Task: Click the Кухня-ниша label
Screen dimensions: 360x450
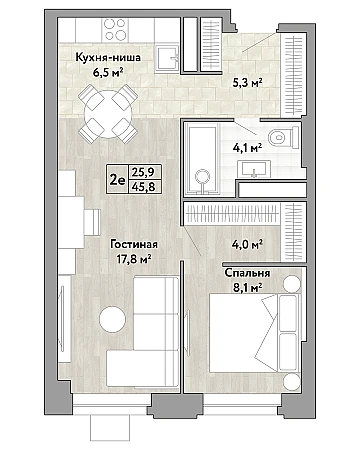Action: [x=108, y=58]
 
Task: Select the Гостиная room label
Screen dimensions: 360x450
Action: [x=134, y=244]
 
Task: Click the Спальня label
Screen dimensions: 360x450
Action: [x=247, y=273]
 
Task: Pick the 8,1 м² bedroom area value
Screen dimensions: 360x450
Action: [x=247, y=287]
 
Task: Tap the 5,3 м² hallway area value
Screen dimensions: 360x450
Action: [x=247, y=81]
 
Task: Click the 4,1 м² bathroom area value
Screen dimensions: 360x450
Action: [x=247, y=146]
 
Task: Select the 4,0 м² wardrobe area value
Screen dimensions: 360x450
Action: [x=247, y=244]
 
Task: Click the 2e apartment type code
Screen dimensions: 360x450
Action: [x=117, y=180]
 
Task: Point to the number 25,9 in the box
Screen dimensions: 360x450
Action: [x=143, y=173]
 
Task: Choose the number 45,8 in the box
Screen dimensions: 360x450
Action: [x=143, y=187]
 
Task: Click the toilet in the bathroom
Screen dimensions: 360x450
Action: [x=283, y=137]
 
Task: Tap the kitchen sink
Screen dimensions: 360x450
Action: [x=168, y=59]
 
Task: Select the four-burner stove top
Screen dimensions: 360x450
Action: [x=114, y=30]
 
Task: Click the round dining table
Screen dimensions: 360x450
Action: [x=108, y=114]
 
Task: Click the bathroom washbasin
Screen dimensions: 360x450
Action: [x=254, y=169]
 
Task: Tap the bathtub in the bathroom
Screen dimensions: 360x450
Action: [x=202, y=158]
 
